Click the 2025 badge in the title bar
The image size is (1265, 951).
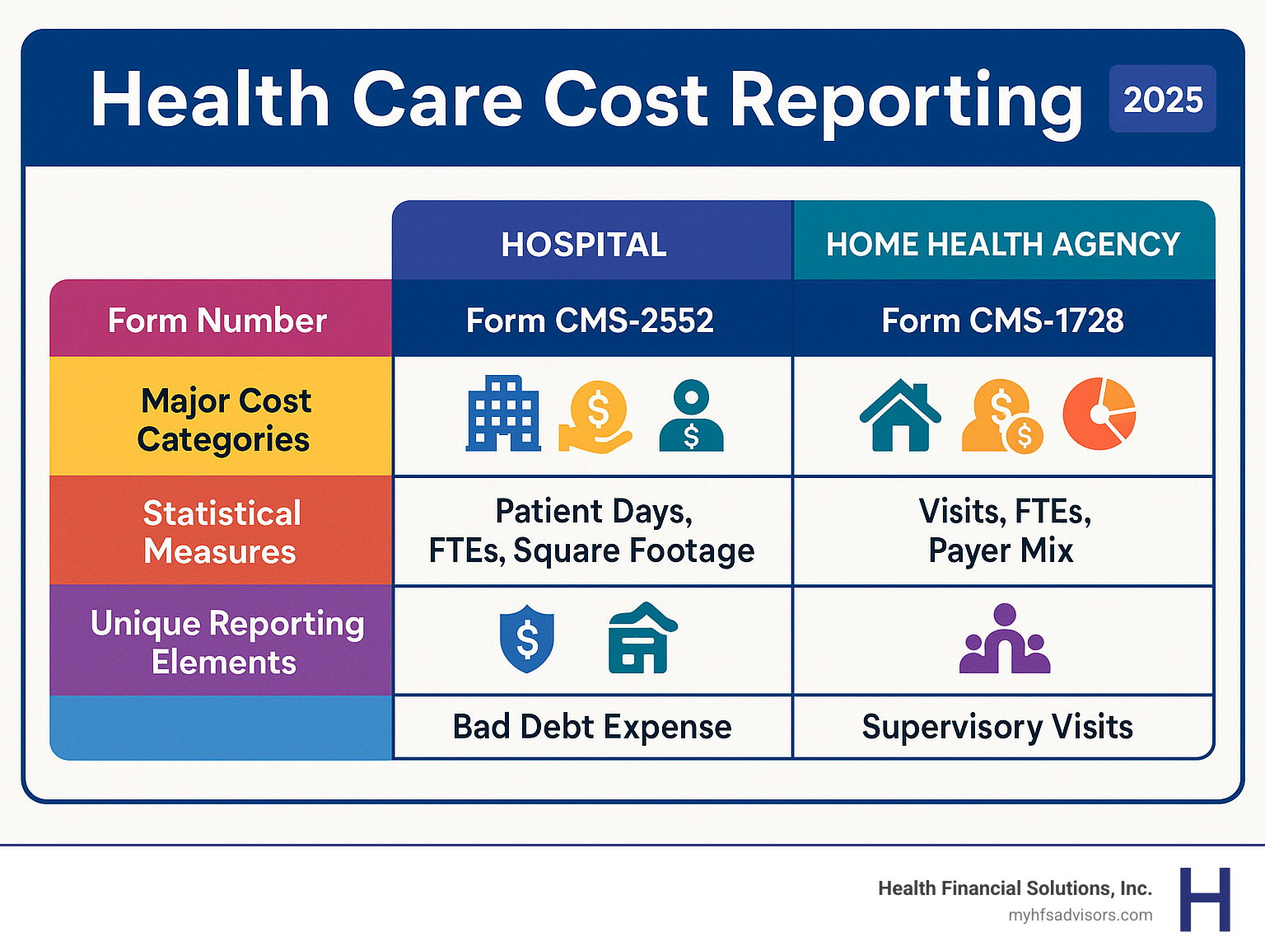[x=1162, y=100]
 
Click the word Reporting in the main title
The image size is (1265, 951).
[x=906, y=101]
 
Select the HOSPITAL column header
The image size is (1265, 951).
[x=584, y=245]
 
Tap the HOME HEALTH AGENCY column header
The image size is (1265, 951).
[x=1003, y=245]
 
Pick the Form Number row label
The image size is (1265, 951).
[x=217, y=321]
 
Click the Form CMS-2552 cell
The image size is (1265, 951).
[x=590, y=321]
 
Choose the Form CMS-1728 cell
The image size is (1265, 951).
[x=1002, y=321]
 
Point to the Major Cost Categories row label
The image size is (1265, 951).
[x=223, y=419]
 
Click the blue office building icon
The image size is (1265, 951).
[x=503, y=414]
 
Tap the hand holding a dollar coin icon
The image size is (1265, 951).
[x=595, y=416]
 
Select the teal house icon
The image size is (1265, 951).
[x=900, y=415]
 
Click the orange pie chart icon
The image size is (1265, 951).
[x=1099, y=414]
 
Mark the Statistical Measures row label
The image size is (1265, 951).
[x=221, y=532]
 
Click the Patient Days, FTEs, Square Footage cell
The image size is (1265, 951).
[x=592, y=532]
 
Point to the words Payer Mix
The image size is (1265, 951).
[x=1001, y=550]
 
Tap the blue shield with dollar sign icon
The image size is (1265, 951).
[x=527, y=639]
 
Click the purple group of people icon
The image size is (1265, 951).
[x=1005, y=639]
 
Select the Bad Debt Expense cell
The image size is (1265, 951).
[x=592, y=727]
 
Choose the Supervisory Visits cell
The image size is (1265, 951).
[x=997, y=727]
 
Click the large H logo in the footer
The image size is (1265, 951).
[x=1205, y=899]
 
